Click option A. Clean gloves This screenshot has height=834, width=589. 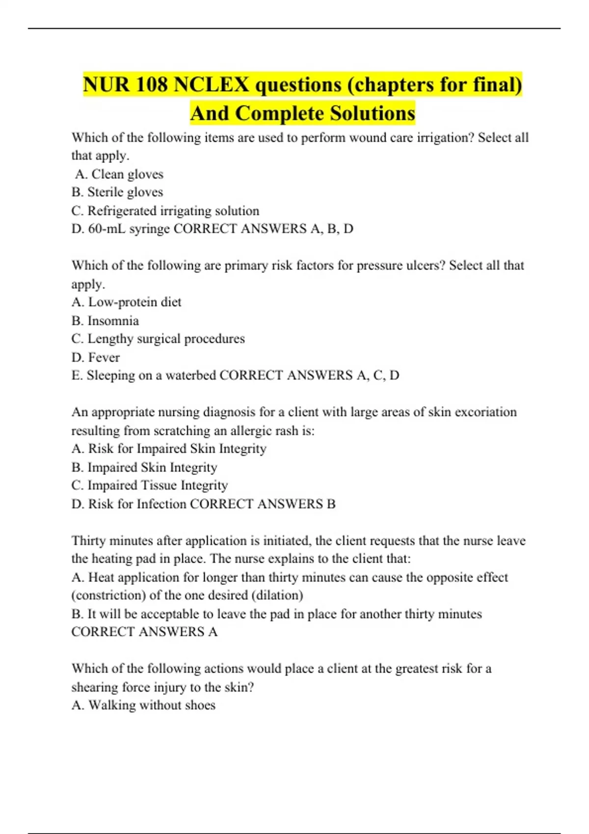coord(119,174)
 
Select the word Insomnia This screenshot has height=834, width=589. coord(113,321)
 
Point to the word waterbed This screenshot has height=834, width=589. coord(190,375)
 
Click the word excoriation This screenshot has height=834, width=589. coord(485,412)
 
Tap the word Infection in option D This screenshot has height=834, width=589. coord(161,504)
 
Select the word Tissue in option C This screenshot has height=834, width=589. coord(159,486)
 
